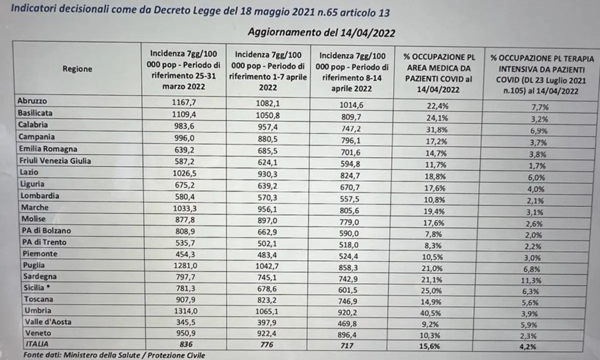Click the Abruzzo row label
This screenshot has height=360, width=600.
pyautogui.click(x=32, y=101)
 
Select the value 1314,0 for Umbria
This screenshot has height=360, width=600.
pyautogui.click(x=184, y=310)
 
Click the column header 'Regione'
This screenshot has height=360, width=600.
pyautogui.click(x=77, y=69)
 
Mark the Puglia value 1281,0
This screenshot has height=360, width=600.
pyautogui.click(x=184, y=265)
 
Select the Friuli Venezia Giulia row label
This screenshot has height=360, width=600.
pyautogui.click(x=54, y=160)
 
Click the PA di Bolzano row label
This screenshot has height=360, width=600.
pyautogui.click(x=44, y=231)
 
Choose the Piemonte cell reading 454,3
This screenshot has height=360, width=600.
pyautogui.click(x=184, y=254)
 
